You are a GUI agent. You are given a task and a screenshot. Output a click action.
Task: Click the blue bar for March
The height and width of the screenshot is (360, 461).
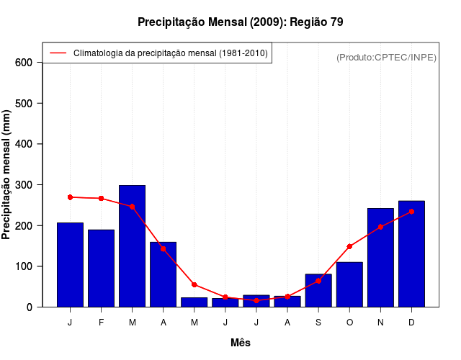133,246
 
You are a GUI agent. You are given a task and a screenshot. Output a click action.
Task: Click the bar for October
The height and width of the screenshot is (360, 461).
349,284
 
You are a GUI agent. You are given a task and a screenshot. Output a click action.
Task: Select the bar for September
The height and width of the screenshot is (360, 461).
318,290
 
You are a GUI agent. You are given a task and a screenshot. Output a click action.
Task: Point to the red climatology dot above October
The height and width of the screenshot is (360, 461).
349,246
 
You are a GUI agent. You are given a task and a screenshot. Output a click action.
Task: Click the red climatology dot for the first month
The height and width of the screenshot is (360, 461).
71,197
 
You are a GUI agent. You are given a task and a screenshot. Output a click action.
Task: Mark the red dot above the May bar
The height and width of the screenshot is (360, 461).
194,284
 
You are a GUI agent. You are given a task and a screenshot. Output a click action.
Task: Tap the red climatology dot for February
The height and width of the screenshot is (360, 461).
102,198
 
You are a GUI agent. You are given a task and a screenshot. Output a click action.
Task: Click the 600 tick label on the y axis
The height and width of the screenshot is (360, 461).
24,63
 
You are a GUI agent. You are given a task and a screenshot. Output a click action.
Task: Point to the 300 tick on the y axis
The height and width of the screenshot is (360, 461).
24,185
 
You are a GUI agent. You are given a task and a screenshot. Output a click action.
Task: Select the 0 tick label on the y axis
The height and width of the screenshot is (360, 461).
29,307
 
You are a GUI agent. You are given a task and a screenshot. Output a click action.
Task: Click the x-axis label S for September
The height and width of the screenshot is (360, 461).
318,323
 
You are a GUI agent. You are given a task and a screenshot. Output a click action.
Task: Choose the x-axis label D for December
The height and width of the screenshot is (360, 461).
411,323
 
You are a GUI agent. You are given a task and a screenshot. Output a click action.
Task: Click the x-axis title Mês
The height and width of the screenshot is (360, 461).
241,343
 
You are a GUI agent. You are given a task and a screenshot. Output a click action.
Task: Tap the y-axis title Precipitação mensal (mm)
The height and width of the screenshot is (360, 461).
7,175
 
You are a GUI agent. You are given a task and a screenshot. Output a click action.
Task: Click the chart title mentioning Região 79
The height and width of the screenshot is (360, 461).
241,22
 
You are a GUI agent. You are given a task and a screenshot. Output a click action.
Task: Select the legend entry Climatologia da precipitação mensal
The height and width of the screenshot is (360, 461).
170,53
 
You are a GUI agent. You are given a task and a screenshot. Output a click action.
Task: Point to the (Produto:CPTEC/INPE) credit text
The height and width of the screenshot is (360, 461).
386,57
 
